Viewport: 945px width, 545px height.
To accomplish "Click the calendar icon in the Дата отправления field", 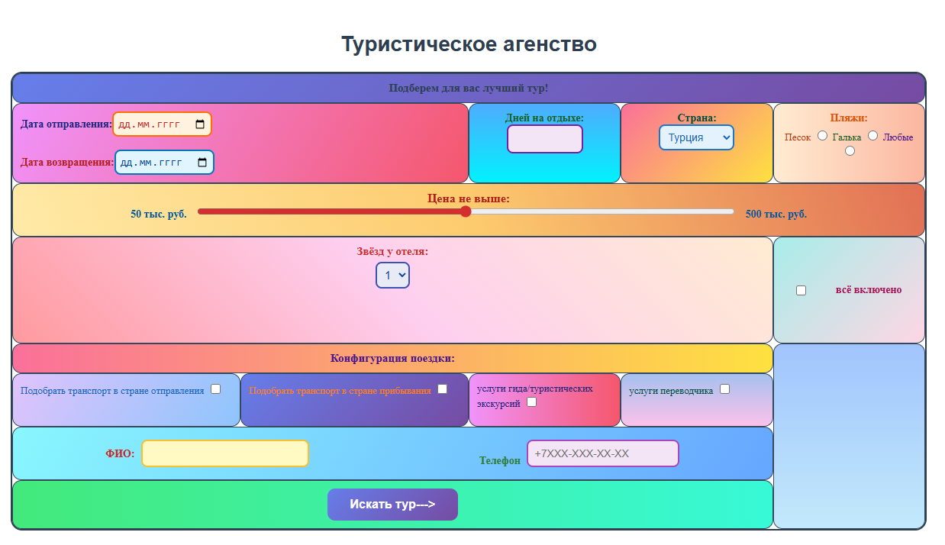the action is (x=200, y=124).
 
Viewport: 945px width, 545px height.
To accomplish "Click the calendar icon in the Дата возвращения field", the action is (x=202, y=163).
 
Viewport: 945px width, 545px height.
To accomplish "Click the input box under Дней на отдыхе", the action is (x=545, y=139).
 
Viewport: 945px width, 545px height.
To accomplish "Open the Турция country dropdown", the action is (x=696, y=137).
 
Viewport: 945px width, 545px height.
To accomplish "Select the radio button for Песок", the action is (x=822, y=136).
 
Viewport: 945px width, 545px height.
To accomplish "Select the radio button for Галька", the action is (x=872, y=136).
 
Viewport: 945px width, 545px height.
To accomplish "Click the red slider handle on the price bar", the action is (x=466, y=211).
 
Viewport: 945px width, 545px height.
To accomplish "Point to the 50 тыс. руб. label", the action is (x=159, y=214).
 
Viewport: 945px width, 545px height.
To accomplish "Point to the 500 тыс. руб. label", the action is (x=776, y=214).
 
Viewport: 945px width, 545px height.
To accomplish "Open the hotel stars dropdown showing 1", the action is (x=392, y=276).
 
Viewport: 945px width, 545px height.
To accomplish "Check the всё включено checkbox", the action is (x=801, y=291).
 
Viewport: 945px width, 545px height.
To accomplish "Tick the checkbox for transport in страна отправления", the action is (x=215, y=389).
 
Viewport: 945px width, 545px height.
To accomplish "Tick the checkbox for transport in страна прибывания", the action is (x=442, y=389).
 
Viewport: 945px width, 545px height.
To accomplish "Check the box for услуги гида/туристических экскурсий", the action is (x=531, y=402).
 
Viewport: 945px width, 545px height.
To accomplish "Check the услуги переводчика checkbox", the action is (x=725, y=389).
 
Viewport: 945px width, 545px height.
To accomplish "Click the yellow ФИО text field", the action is (x=225, y=453).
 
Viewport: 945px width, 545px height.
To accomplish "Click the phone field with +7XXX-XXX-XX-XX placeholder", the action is (x=603, y=453).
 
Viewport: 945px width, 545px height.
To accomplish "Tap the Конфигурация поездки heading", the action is (x=392, y=359).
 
